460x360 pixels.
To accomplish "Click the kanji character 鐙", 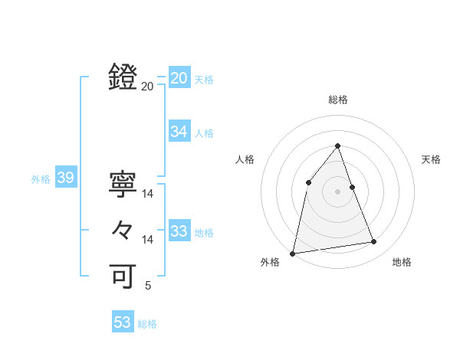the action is [123, 77].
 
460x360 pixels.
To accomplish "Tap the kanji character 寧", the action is [123, 185].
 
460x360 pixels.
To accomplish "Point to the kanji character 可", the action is [123, 276].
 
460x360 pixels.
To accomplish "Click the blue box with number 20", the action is [179, 78].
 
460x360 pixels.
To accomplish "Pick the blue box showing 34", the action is [179, 132].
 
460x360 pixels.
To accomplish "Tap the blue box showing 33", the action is [179, 231].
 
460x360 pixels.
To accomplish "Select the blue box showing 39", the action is [65, 178].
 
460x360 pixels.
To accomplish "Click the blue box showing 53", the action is [122, 322].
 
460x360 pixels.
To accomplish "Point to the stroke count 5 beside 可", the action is [148, 286].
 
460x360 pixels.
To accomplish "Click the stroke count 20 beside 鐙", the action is [148, 87].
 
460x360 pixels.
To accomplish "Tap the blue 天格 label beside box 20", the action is [204, 80].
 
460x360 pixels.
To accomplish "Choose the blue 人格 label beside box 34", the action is [204, 133].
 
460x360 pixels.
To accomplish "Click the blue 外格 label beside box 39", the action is [41, 179].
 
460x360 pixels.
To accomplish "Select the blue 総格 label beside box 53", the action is [147, 324].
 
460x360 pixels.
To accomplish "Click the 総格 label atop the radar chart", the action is [338, 100].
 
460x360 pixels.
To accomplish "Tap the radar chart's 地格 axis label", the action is [402, 262].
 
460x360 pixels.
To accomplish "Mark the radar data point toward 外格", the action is [293, 253].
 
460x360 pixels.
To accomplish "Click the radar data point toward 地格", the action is [374, 242].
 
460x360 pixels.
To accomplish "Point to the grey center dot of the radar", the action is [338, 191].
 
